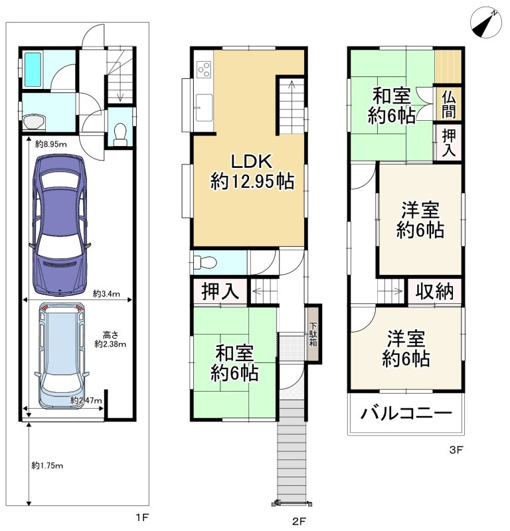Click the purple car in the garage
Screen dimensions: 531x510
(x=61, y=225)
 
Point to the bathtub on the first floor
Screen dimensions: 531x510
(x=33, y=69)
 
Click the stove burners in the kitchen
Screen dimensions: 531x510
(x=203, y=68)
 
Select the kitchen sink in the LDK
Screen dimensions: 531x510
(x=203, y=104)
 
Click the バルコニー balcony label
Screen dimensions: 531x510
(x=406, y=414)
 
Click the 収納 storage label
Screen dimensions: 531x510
(x=435, y=291)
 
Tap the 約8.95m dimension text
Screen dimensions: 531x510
(x=49, y=144)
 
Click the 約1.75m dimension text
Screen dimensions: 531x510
(x=48, y=465)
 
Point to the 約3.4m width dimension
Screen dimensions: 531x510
(x=106, y=293)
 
